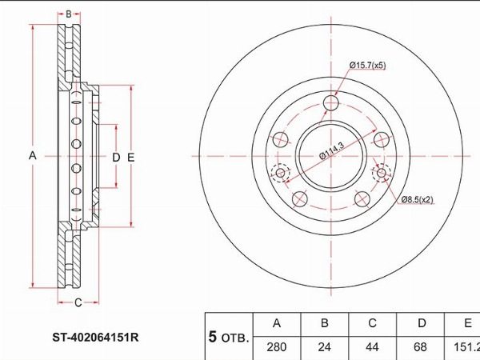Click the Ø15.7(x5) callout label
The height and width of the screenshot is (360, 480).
[x=367, y=66]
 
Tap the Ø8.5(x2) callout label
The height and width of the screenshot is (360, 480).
[x=417, y=200]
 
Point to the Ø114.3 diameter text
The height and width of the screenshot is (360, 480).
[x=332, y=150]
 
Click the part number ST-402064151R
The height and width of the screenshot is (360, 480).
[x=95, y=338]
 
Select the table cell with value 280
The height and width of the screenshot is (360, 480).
[x=277, y=347]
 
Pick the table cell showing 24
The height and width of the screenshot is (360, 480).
[x=325, y=347]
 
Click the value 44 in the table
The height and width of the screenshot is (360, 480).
[x=372, y=347]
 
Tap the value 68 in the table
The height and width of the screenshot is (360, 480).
[x=420, y=347]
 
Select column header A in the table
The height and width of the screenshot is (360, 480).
[x=277, y=323]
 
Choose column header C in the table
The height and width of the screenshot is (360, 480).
[x=372, y=323]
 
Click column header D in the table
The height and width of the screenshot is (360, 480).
[x=422, y=323]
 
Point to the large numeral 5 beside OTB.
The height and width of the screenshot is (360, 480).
[x=213, y=337]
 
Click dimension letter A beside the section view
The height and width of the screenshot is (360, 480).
[x=33, y=155]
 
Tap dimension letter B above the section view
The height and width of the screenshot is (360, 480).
[x=69, y=14]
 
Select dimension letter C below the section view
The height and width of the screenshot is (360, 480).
[x=78, y=302]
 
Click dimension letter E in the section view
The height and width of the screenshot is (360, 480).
[x=130, y=158]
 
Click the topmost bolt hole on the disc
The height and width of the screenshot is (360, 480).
[x=331, y=102]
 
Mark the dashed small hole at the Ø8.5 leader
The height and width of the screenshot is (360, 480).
[x=381, y=173]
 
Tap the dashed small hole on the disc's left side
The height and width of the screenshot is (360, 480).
[x=281, y=173]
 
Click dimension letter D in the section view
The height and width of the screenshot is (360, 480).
[x=116, y=158]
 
